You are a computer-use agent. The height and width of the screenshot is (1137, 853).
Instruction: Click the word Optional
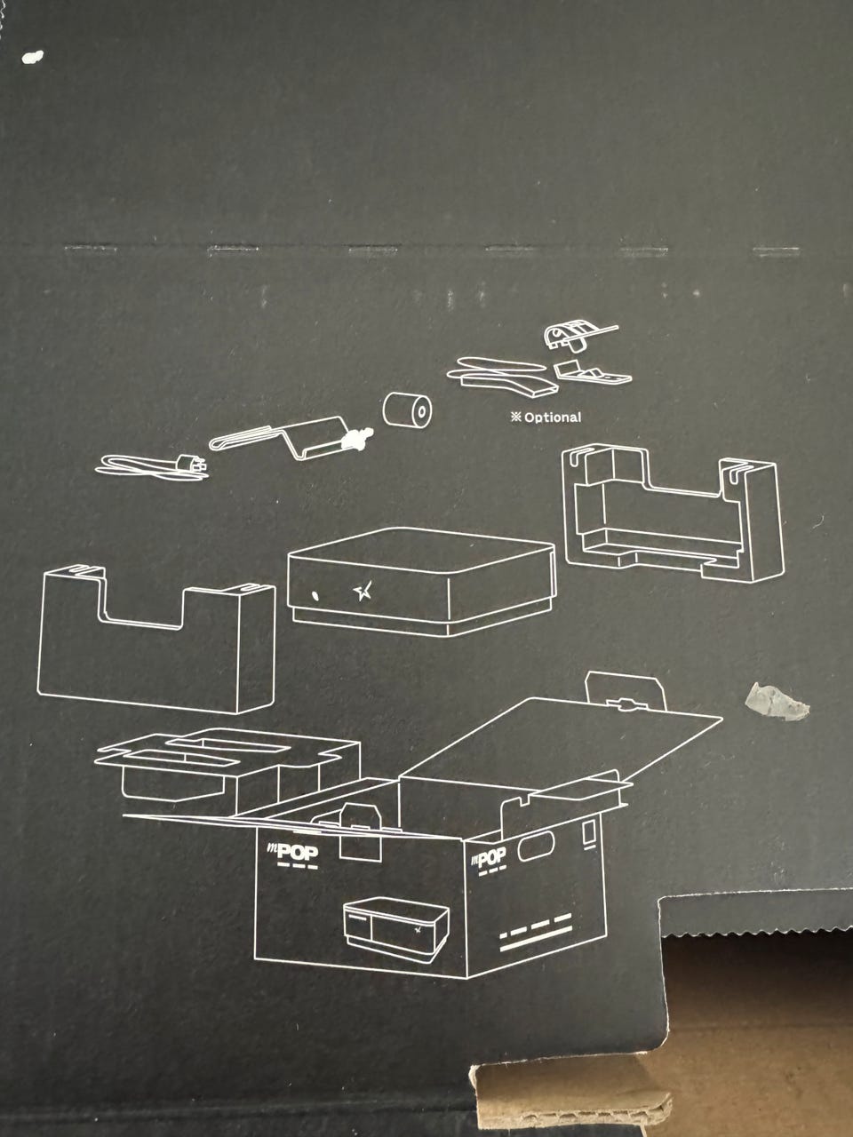click(x=552, y=417)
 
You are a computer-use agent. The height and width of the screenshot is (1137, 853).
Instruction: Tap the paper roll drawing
click(x=407, y=411)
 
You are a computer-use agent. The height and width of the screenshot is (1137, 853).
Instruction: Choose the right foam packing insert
click(x=671, y=515)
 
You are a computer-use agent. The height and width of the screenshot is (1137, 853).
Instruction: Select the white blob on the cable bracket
click(x=360, y=436)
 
